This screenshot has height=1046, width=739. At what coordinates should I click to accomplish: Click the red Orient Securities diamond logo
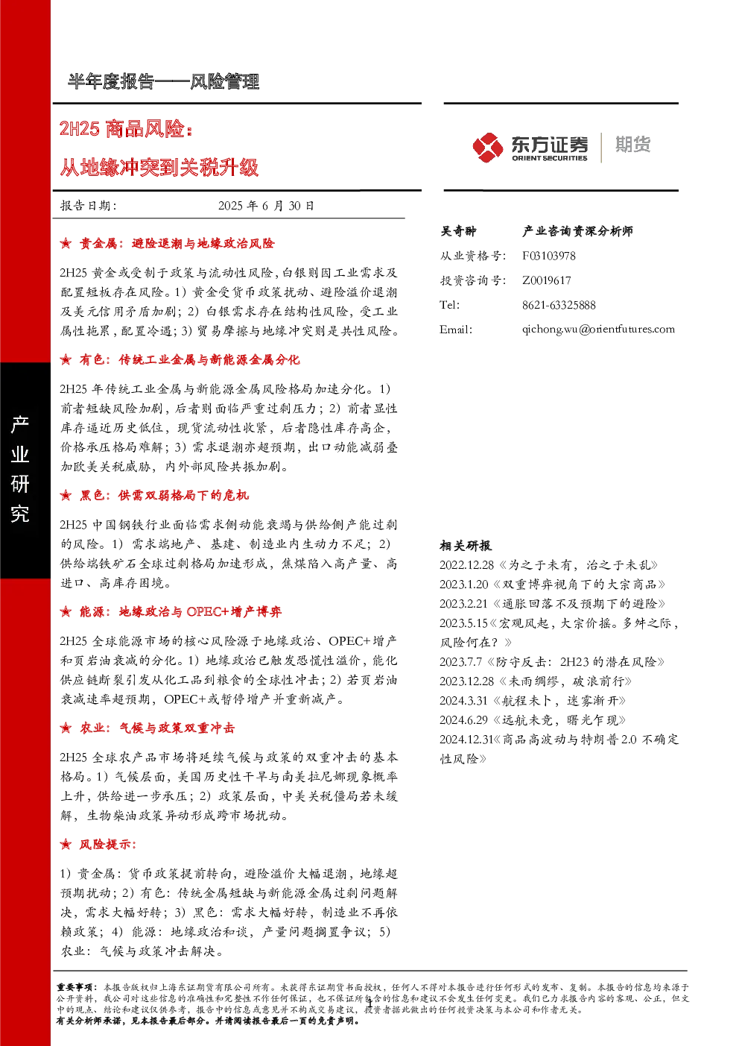point(487,148)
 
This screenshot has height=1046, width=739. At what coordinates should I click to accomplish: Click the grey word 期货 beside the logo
point(632,145)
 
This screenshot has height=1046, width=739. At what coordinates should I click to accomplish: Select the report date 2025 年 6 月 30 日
point(266,206)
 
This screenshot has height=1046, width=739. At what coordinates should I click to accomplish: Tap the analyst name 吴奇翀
point(458,231)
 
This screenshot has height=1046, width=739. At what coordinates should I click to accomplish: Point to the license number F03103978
point(548,256)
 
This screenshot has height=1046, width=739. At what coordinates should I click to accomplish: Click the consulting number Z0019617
point(546,280)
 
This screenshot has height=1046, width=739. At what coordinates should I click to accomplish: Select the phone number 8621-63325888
point(559,305)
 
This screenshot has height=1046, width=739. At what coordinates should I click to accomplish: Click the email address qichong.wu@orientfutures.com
point(598,330)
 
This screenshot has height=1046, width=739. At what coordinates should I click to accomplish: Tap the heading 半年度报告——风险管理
point(163,82)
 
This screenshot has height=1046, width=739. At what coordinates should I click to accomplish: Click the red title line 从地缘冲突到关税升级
point(159,168)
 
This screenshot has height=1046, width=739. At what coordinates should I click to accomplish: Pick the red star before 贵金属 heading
point(66,243)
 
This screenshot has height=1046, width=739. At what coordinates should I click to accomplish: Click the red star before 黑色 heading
point(66,496)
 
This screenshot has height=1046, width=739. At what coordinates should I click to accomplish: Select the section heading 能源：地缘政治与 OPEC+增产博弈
point(180,612)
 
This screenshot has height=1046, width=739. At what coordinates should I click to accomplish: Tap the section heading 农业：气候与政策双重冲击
point(157,728)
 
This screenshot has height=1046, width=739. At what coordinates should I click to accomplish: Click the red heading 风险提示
point(108,844)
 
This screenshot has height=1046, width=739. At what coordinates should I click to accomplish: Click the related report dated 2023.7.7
point(552,662)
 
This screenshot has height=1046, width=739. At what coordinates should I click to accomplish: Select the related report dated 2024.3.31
point(533,701)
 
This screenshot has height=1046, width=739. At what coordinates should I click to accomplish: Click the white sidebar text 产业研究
point(20,469)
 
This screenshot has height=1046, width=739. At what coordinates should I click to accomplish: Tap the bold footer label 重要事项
point(77,987)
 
